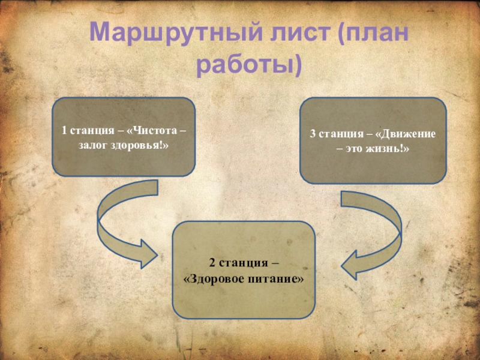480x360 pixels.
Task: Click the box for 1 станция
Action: coord(124,137)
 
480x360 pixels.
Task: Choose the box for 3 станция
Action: coord(373,140)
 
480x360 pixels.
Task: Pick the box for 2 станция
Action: coord(244,269)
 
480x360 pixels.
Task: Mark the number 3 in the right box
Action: coord(313,133)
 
